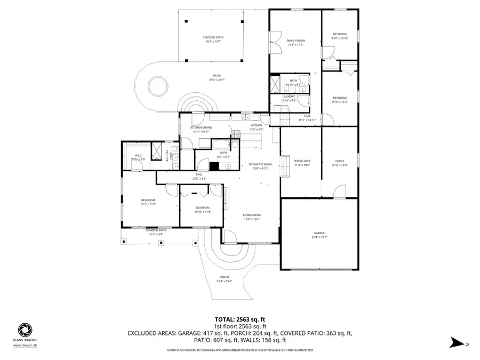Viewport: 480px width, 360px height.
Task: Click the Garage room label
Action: tap(319, 233)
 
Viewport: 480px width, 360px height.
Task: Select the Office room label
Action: tap(340, 161)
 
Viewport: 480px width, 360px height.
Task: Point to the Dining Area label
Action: tap(302, 161)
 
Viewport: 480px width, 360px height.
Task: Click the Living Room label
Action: tap(252, 215)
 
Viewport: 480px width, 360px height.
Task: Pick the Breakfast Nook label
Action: tap(260, 164)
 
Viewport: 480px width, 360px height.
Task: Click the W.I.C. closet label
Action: tap(137, 156)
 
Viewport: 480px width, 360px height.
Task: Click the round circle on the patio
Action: tap(157, 85)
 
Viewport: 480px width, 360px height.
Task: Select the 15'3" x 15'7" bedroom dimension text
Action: tap(148, 204)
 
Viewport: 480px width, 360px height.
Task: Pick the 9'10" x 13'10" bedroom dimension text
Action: tap(340, 38)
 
